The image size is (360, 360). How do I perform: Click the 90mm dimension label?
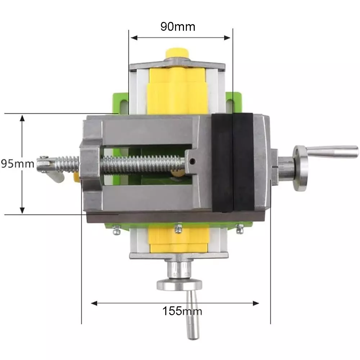[177, 27]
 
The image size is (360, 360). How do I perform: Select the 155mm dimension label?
[182, 310]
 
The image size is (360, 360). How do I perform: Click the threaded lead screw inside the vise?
[144, 163]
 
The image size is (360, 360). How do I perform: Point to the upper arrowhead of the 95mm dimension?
[22, 119]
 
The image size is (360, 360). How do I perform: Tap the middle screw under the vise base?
[177, 228]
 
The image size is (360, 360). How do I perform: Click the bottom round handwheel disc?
[179, 285]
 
